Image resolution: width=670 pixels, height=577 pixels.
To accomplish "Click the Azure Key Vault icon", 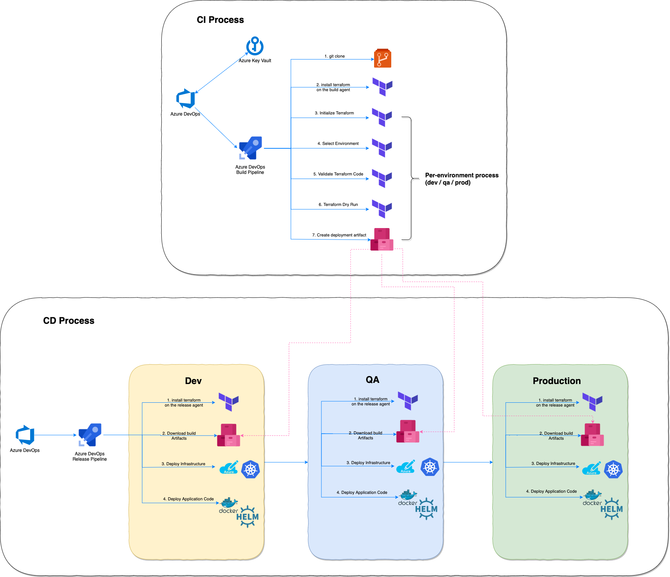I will pyautogui.click(x=255, y=46).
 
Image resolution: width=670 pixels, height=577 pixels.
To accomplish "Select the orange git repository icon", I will pyautogui.click(x=382, y=58).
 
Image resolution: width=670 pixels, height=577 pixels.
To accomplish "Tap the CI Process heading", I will pyautogui.click(x=220, y=20).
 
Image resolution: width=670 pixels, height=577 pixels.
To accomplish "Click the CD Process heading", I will pyautogui.click(x=69, y=321).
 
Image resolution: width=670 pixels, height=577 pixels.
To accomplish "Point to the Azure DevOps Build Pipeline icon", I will pyautogui.click(x=251, y=148).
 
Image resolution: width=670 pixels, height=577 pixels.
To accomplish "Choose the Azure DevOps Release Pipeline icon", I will pyautogui.click(x=90, y=435).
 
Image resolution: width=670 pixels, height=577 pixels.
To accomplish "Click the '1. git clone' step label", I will pyautogui.click(x=334, y=56).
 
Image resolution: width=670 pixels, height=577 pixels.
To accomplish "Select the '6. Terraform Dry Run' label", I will pyautogui.click(x=338, y=204).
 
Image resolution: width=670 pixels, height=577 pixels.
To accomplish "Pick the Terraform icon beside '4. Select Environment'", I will pyautogui.click(x=382, y=148).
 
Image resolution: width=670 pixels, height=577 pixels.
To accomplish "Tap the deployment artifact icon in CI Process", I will pyautogui.click(x=382, y=239).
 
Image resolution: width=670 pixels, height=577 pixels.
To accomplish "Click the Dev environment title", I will pyautogui.click(x=193, y=381).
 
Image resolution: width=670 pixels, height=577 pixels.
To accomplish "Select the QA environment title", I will pyautogui.click(x=372, y=380).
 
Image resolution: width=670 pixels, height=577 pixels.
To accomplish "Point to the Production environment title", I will pyautogui.click(x=556, y=381).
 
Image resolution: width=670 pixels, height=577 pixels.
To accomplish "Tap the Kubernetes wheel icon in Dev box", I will pyautogui.click(x=251, y=469).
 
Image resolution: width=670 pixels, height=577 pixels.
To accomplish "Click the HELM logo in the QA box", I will pyautogui.click(x=426, y=509).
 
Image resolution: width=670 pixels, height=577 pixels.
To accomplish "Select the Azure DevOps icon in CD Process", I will pyautogui.click(x=25, y=435).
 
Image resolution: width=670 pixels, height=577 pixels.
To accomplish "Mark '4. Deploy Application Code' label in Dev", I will pyautogui.click(x=188, y=499).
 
